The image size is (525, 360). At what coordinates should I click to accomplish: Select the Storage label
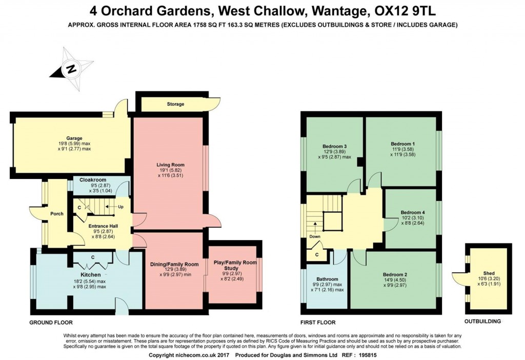click(x=175, y=104)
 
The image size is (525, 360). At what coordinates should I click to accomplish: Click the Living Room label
click(x=170, y=165)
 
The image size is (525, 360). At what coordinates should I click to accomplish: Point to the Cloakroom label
click(x=93, y=180)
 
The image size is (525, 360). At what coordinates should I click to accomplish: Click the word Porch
click(x=57, y=213)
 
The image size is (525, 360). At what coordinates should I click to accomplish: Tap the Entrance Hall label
click(x=103, y=226)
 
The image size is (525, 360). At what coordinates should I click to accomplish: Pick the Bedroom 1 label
click(x=402, y=144)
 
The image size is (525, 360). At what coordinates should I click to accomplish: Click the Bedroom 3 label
click(x=334, y=146)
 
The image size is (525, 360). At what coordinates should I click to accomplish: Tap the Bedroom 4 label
click(x=413, y=212)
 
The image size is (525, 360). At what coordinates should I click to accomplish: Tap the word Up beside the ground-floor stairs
click(x=121, y=207)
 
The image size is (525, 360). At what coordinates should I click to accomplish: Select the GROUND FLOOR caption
click(x=51, y=323)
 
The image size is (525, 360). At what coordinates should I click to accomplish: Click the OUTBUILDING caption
click(x=482, y=322)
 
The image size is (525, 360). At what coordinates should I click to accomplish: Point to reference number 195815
click(x=368, y=355)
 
